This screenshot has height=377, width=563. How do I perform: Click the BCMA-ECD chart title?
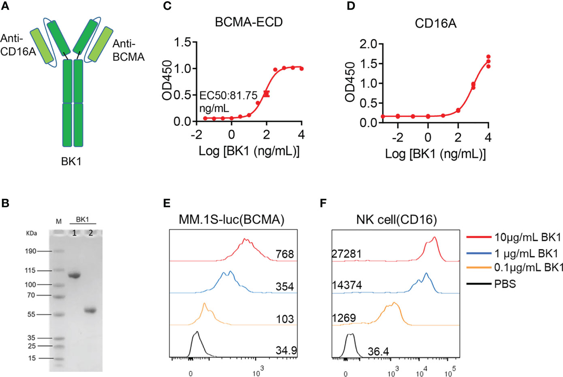tap(248, 22)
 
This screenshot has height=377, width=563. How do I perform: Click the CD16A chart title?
tap(435, 23)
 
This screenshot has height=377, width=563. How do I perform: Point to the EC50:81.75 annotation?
tap(228, 96)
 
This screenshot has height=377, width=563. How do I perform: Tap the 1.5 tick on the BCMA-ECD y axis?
tap(183, 42)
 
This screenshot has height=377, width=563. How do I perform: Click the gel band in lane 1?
tap(74, 276)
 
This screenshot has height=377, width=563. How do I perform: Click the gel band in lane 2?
tap(90, 311)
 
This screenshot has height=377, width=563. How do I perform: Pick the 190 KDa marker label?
tap(31, 251)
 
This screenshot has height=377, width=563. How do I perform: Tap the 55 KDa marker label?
tap(32, 314)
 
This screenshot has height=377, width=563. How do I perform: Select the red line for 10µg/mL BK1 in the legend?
tap(479, 237)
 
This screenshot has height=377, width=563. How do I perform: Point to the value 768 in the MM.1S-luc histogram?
tap(284, 254)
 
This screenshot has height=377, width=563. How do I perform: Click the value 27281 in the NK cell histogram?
tap(346, 254)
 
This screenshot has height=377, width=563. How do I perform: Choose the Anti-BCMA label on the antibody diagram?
tap(128, 50)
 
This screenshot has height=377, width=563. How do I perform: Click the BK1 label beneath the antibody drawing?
tap(71, 161)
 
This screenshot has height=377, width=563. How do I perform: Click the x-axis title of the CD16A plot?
tap(435, 155)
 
